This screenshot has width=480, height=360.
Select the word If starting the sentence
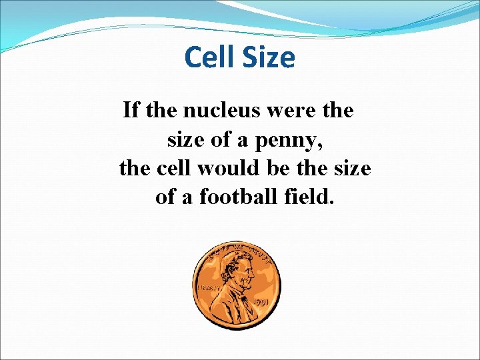[131, 110]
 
